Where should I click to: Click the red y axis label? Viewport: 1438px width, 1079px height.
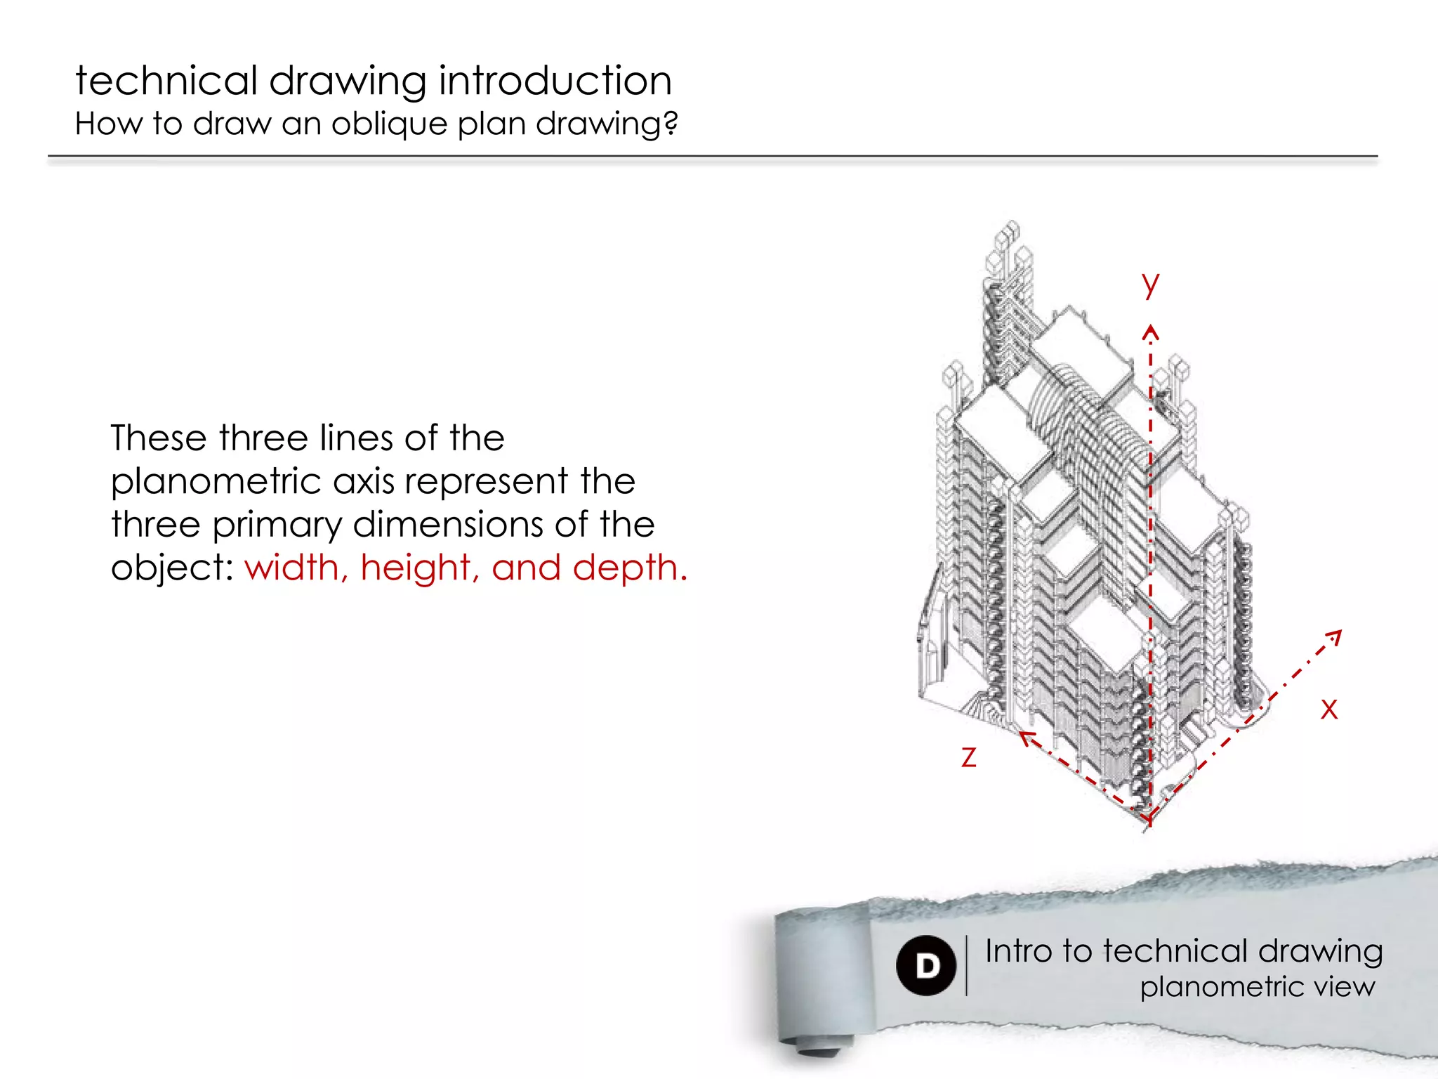point(1150,284)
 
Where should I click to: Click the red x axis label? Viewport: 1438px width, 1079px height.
point(1328,708)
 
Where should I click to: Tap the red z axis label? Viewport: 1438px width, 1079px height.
point(969,757)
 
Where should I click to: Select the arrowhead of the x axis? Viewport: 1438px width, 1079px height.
point(1335,635)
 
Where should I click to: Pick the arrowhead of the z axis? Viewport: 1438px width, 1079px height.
point(1025,736)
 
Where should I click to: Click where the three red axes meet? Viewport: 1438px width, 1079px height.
point(1149,818)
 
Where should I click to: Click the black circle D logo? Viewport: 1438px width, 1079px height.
point(926,965)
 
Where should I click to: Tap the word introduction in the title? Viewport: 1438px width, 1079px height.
point(555,80)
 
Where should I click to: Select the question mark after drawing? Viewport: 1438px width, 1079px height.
point(671,124)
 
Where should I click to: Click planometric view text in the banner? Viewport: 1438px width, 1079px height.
point(1257,987)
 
